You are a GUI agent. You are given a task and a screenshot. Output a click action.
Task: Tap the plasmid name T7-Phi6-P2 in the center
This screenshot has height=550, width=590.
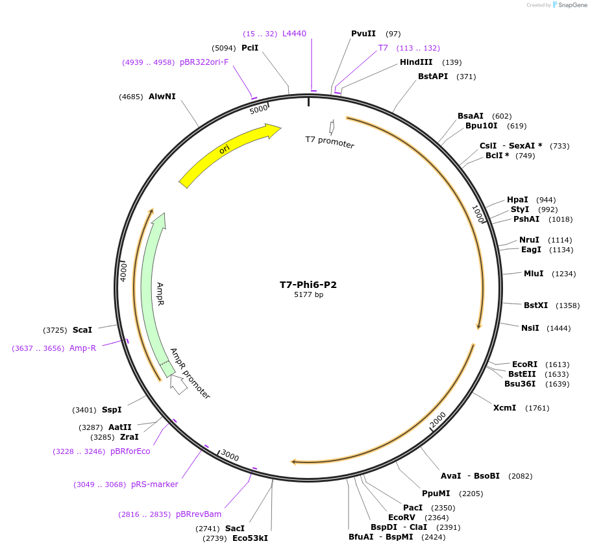pos(308,285)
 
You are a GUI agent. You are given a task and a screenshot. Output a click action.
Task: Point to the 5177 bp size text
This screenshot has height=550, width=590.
pos(308,295)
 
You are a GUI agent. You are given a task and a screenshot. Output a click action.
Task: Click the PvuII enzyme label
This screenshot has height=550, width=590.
pos(363,34)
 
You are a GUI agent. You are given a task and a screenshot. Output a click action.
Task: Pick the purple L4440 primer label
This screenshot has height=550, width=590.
pos(294,34)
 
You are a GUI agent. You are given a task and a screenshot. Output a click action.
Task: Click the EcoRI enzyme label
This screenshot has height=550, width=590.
pos(524,365)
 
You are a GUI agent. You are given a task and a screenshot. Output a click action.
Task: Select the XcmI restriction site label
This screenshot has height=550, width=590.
pos(504,408)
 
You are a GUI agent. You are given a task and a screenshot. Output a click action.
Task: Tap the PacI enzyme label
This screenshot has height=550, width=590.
pos(413,508)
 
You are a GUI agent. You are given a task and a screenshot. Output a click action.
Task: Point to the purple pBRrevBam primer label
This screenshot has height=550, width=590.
pos(198,514)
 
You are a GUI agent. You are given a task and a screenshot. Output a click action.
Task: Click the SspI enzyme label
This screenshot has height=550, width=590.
pos(112,410)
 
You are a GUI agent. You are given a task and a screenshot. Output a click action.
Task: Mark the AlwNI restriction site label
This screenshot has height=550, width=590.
pos(162,97)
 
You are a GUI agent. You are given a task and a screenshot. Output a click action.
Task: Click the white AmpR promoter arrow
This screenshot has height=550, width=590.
pos(178,385)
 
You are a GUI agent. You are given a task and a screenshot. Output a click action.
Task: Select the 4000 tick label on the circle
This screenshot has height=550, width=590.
pos(123,272)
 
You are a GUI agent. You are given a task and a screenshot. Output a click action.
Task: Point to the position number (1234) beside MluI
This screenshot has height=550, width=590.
pos(563,274)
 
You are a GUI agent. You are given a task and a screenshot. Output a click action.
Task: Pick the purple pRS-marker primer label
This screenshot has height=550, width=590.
pos(154,484)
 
